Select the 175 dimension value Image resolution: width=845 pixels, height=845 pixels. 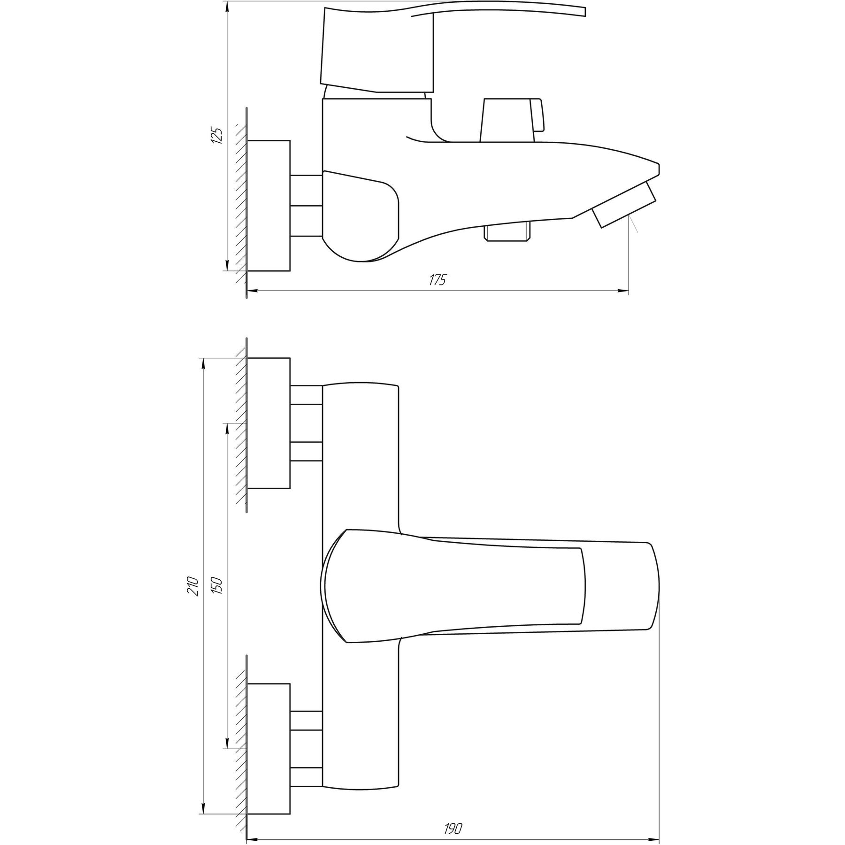click(x=437, y=280)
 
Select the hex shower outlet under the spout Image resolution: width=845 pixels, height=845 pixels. click(x=509, y=233)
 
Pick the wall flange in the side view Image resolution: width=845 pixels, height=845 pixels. click(x=269, y=206)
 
